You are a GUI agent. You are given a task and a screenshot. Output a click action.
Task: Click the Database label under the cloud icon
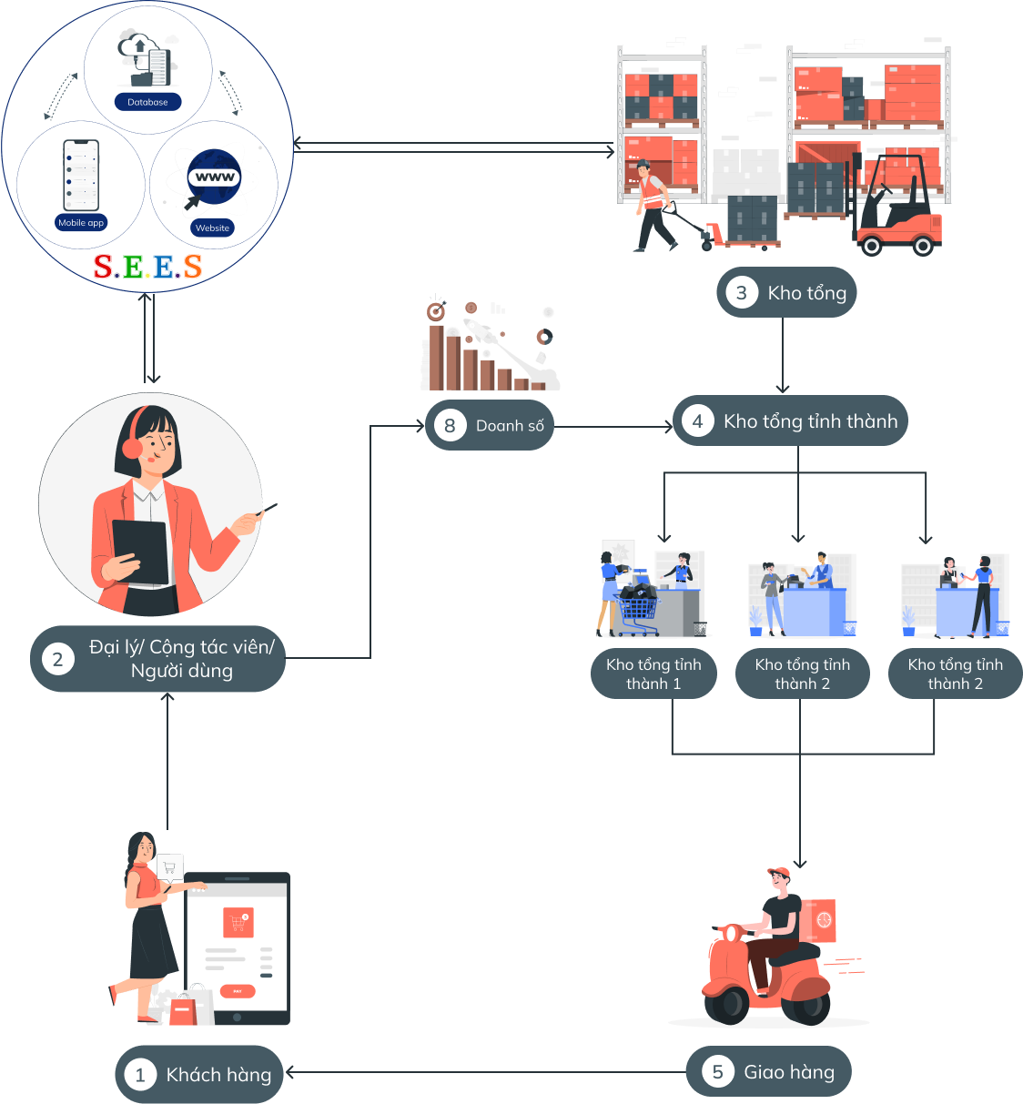point(147,102)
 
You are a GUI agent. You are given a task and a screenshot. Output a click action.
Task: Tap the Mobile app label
point(81,222)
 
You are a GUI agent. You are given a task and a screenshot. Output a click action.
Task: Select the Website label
point(213,228)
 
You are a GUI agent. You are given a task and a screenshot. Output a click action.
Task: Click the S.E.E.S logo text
point(147,266)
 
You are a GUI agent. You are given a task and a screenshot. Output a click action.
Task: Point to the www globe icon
point(215,176)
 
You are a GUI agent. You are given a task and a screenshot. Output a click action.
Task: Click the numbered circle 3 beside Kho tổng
point(742,292)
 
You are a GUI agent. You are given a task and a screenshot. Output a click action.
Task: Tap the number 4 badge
point(698,421)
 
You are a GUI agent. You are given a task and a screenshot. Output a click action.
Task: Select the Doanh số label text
point(510,426)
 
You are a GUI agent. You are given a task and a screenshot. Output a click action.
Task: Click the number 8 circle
point(450,425)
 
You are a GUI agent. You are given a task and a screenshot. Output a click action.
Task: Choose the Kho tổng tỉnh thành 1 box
point(653,674)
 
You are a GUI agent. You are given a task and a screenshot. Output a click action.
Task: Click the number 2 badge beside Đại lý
point(58,659)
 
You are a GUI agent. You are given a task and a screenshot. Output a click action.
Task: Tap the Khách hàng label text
point(218,1075)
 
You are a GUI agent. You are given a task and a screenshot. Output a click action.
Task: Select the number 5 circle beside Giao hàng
point(718,1072)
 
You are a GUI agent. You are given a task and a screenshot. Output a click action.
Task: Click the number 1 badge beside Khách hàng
point(140,1075)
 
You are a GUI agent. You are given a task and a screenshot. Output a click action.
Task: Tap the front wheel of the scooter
point(726,1004)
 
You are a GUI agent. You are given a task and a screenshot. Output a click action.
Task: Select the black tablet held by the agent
point(140,551)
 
